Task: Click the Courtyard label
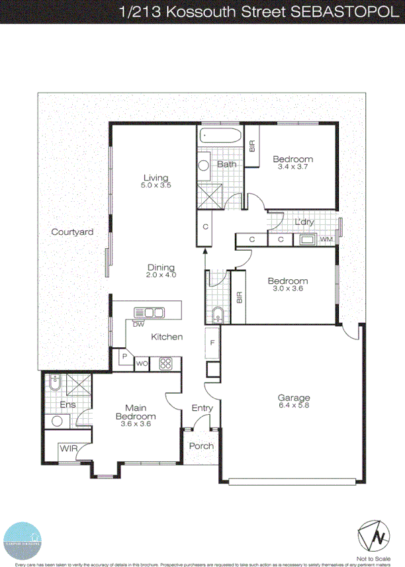72,232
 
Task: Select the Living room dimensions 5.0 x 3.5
156,186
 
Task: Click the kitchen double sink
149,312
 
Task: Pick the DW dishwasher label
138,324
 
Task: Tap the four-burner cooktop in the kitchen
165,363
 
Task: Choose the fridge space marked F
212,343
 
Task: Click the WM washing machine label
326,239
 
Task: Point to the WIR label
69,449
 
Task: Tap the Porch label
201,446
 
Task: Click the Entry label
202,408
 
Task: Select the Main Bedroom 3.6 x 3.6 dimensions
136,425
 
